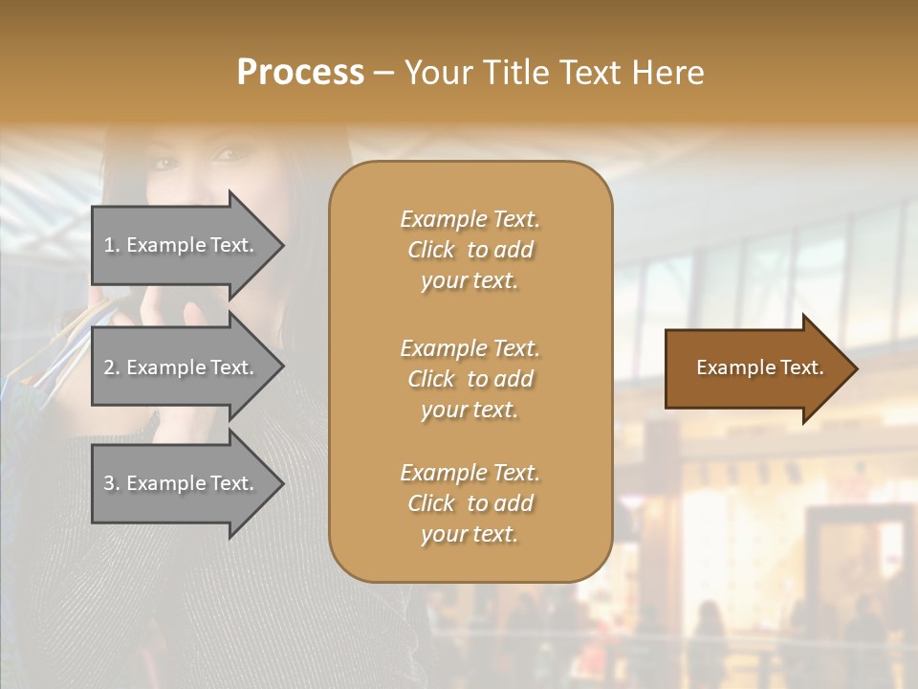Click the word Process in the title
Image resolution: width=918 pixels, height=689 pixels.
coord(300,73)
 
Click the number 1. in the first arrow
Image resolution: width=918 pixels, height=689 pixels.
coord(112,245)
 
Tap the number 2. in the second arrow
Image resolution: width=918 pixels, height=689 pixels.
coord(112,367)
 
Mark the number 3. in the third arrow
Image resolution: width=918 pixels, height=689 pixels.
coord(112,483)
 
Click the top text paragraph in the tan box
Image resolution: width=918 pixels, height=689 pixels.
coord(470,250)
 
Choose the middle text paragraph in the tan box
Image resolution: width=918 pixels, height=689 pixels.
coord(470,379)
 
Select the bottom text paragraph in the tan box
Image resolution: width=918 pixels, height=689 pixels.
coord(470,503)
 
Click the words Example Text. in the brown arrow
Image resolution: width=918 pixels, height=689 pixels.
coord(759,367)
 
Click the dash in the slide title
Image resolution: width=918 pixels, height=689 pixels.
coord(383,74)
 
